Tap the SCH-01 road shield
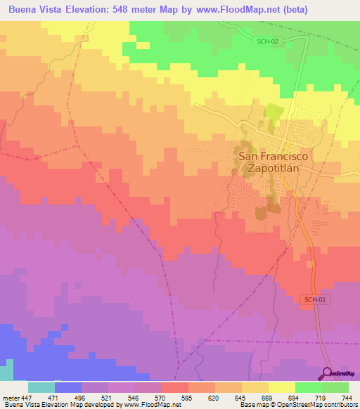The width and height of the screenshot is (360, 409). (x=316, y=300)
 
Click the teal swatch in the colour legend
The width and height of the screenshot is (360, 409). (x=41, y=387)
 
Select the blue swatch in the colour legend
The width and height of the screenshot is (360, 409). (x=68, y=387)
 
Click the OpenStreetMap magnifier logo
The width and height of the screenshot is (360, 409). (x=328, y=372)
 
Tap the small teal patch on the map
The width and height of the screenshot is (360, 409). (x=6, y=371)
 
